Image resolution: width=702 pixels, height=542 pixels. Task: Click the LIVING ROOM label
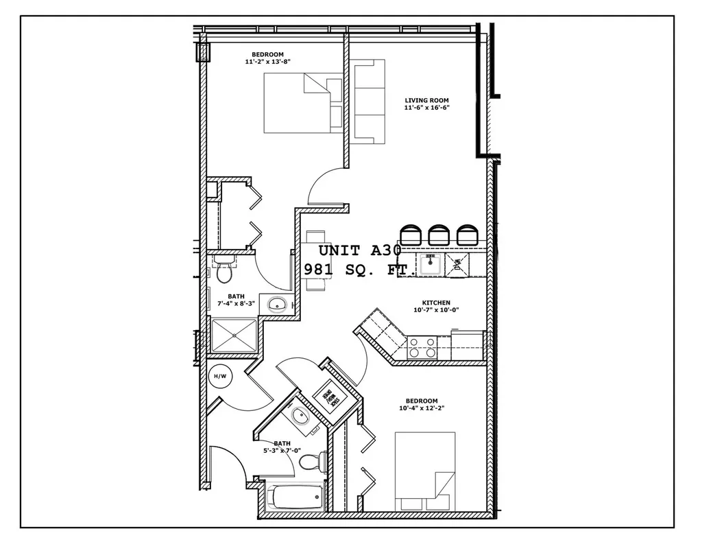426,101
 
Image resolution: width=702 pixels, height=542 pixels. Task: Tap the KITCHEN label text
436,303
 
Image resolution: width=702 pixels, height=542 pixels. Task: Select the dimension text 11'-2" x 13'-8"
267,62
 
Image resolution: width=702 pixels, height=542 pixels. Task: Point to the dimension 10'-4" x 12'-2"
421,408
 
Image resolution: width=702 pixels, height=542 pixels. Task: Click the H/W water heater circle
220,376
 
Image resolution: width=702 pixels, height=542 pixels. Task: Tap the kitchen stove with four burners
422,348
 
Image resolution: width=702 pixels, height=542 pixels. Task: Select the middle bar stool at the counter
439,235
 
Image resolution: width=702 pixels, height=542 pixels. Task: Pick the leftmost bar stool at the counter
411,235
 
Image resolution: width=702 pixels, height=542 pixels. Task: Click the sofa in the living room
369,101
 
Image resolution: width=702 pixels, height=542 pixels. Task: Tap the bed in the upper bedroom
303,103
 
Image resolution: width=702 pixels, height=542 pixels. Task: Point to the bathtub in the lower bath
295,497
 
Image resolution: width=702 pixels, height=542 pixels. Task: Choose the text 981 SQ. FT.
360,270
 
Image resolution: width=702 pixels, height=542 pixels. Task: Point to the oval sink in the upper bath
278,304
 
